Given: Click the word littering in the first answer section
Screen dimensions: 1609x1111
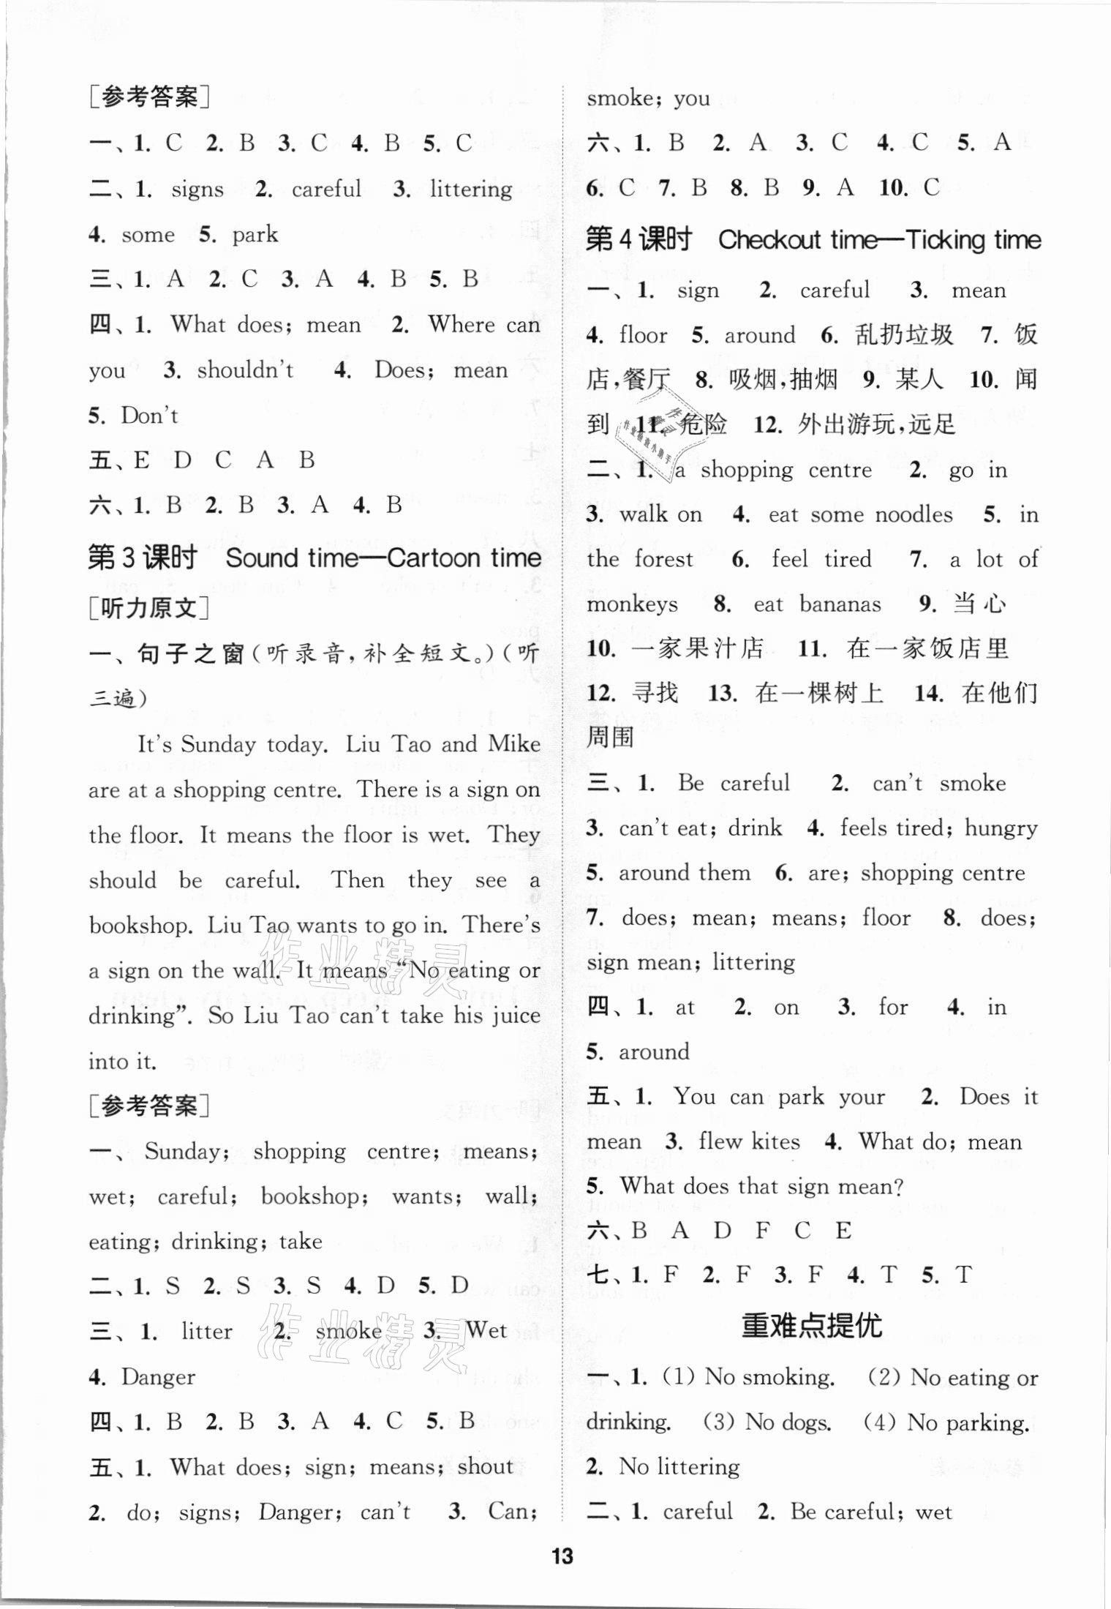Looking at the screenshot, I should click(x=471, y=190).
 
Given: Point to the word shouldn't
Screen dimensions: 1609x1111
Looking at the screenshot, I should click(x=245, y=370).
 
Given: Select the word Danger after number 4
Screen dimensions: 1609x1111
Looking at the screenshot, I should click(x=158, y=1377).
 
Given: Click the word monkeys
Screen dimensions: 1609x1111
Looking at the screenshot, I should click(x=632, y=604).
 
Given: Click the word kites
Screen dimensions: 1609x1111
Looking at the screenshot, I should click(x=775, y=1141).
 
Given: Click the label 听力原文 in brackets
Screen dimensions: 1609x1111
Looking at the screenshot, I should click(x=149, y=607).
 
